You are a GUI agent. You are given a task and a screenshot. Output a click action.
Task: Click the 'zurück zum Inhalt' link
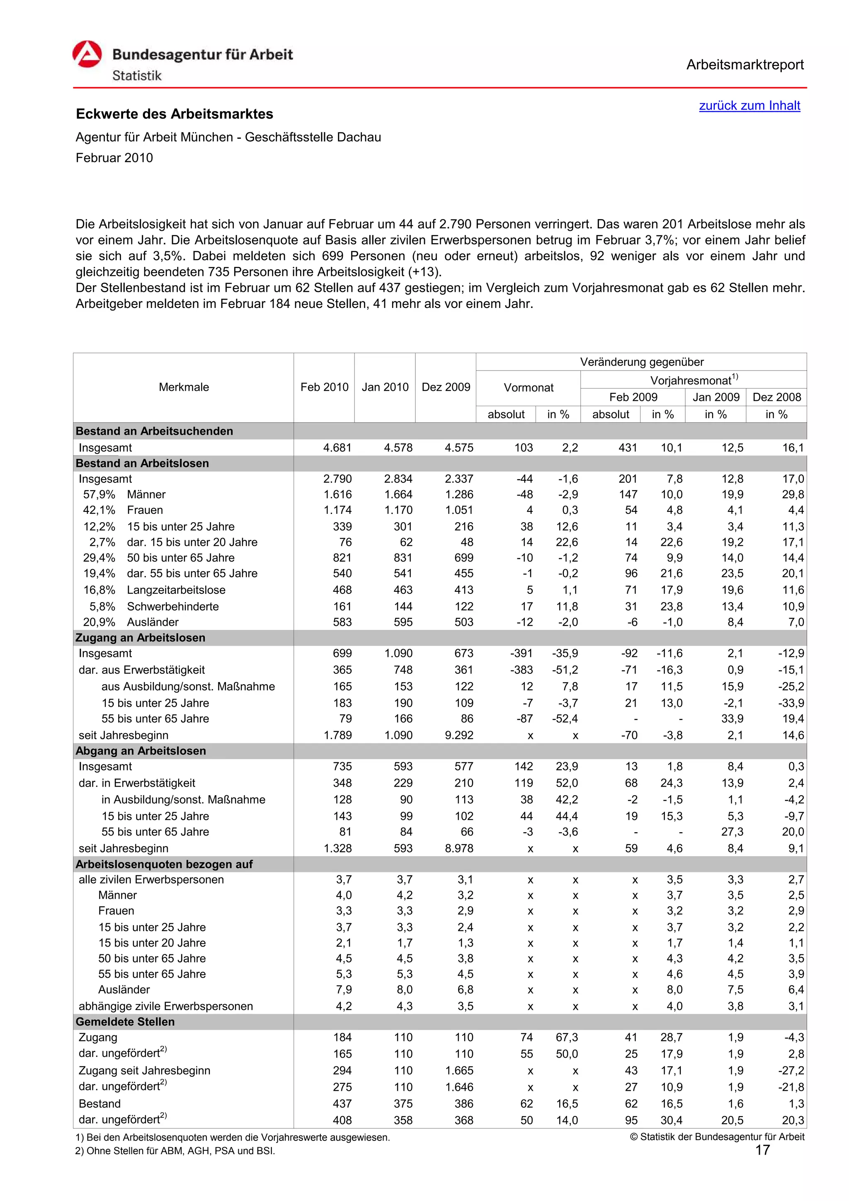click(749, 106)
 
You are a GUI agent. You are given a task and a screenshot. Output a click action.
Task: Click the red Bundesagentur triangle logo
click(87, 54)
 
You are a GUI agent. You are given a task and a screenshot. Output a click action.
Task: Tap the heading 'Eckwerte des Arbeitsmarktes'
click(174, 114)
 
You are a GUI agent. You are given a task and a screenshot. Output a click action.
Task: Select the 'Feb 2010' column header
click(324, 387)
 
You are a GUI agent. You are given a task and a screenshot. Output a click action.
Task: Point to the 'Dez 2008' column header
click(776, 397)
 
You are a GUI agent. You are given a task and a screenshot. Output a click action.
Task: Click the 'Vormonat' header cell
click(528, 387)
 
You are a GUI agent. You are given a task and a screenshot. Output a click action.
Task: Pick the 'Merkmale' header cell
click(184, 387)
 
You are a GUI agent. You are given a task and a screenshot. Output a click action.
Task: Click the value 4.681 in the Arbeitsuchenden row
click(337, 448)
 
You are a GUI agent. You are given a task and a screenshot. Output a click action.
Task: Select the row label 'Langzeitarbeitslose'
click(176, 590)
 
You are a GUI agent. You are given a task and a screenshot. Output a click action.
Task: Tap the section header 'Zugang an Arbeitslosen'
click(140, 638)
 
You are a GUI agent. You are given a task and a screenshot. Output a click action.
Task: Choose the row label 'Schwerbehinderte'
click(172, 606)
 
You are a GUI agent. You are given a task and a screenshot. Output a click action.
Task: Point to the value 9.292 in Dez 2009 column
click(459, 735)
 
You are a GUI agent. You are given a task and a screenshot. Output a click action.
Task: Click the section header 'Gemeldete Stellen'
click(125, 1022)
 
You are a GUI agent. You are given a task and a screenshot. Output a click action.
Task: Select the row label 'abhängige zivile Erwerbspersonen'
click(165, 1006)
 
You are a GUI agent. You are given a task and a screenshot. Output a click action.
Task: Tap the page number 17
click(762, 1150)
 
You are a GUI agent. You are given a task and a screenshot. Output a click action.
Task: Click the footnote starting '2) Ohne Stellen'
click(175, 1151)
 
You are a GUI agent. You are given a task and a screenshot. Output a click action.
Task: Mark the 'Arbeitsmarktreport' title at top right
click(745, 65)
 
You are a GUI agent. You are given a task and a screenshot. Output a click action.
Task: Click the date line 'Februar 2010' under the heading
click(114, 158)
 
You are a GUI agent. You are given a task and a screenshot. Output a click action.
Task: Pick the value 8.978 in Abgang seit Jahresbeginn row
click(459, 848)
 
